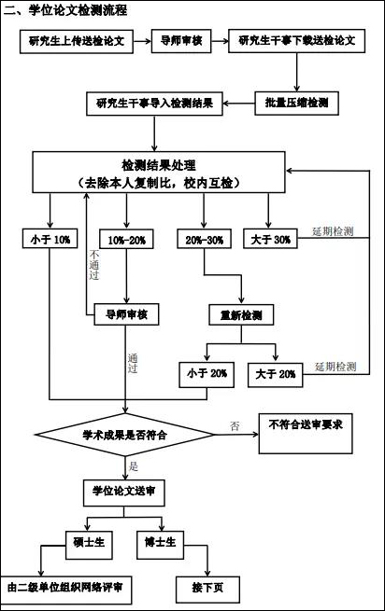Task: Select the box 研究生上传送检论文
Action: tap(77, 41)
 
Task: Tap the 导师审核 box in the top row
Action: tap(181, 41)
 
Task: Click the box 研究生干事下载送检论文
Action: tap(297, 41)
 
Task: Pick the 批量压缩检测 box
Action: tap(297, 104)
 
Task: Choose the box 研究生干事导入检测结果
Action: tap(154, 104)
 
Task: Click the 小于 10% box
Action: tap(50, 239)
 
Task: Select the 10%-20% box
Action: tap(126, 239)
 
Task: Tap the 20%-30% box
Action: tap(205, 239)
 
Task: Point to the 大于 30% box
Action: tap(270, 239)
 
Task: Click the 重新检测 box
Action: tap(241, 314)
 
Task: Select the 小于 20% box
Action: tap(207, 374)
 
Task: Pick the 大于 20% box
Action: tap(276, 375)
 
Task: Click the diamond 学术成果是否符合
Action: tap(125, 435)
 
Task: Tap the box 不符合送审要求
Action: tap(306, 434)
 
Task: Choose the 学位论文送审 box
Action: tap(123, 493)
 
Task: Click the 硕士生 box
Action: tap(89, 545)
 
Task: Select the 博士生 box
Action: tap(160, 545)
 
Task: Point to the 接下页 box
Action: tap(207, 590)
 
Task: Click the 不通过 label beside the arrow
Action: tap(94, 265)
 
